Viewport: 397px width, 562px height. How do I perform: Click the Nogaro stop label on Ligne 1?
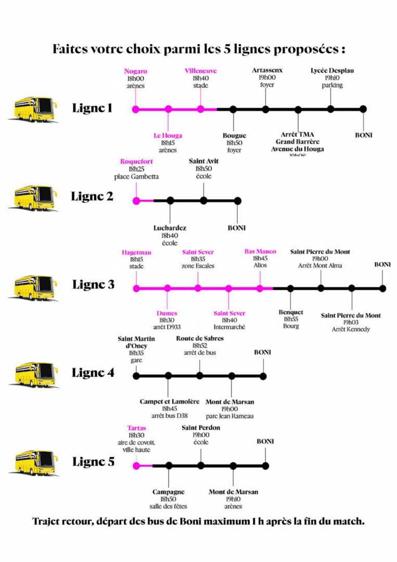[x=135, y=71]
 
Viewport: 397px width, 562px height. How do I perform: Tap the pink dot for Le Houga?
[x=168, y=109]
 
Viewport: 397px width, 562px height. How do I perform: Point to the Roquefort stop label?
[x=136, y=161]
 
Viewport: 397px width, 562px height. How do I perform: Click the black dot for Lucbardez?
[x=170, y=200]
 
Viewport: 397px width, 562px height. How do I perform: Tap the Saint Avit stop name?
[x=203, y=161]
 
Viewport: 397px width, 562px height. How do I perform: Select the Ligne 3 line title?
[x=93, y=285]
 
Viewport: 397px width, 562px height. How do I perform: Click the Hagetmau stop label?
[x=136, y=252]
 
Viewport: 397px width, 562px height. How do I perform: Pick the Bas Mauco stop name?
[x=260, y=251]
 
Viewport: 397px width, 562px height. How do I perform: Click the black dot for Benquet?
[x=290, y=288]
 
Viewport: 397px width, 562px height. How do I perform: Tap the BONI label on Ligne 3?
[x=382, y=264]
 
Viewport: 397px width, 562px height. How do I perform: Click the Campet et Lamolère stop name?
[x=169, y=402]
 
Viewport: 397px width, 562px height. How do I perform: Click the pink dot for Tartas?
[x=136, y=466]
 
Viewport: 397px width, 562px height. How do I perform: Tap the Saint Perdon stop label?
[x=201, y=428]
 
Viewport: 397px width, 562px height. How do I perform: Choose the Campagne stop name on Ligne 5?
[x=169, y=492]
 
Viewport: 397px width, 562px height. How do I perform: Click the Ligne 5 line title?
[x=93, y=462]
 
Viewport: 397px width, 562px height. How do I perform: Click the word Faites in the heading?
[x=71, y=49]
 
